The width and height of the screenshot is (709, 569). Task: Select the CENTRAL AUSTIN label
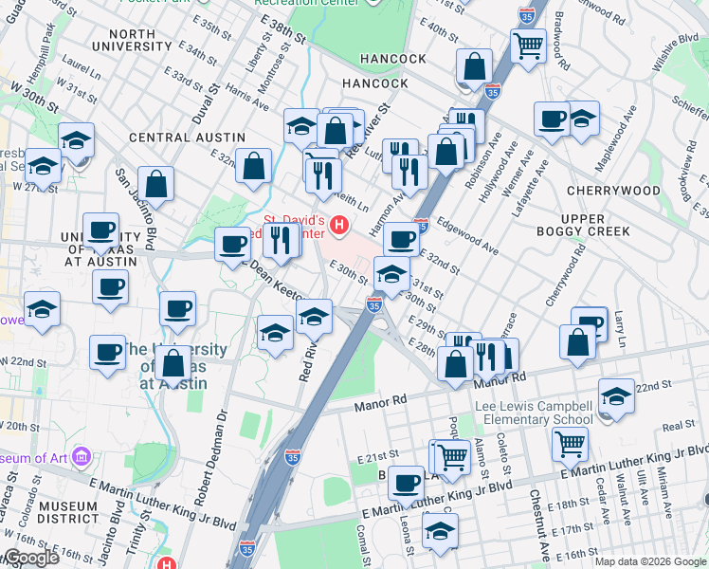pyautogui.click(x=181, y=138)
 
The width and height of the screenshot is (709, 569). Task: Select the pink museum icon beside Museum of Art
pyautogui.click(x=82, y=459)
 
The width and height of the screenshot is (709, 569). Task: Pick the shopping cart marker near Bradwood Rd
pyautogui.click(x=528, y=44)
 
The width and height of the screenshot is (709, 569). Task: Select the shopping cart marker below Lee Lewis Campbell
pyautogui.click(x=569, y=442)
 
